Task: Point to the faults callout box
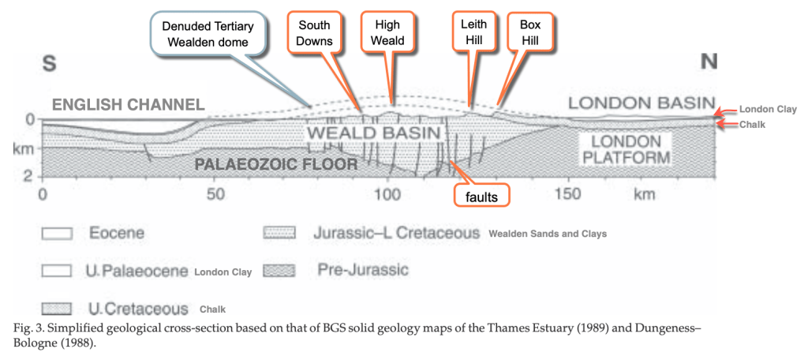(x=482, y=197)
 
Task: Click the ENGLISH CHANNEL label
(x=129, y=103)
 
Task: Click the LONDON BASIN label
(x=640, y=103)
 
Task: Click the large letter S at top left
(x=50, y=65)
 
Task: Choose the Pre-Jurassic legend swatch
(x=280, y=271)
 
